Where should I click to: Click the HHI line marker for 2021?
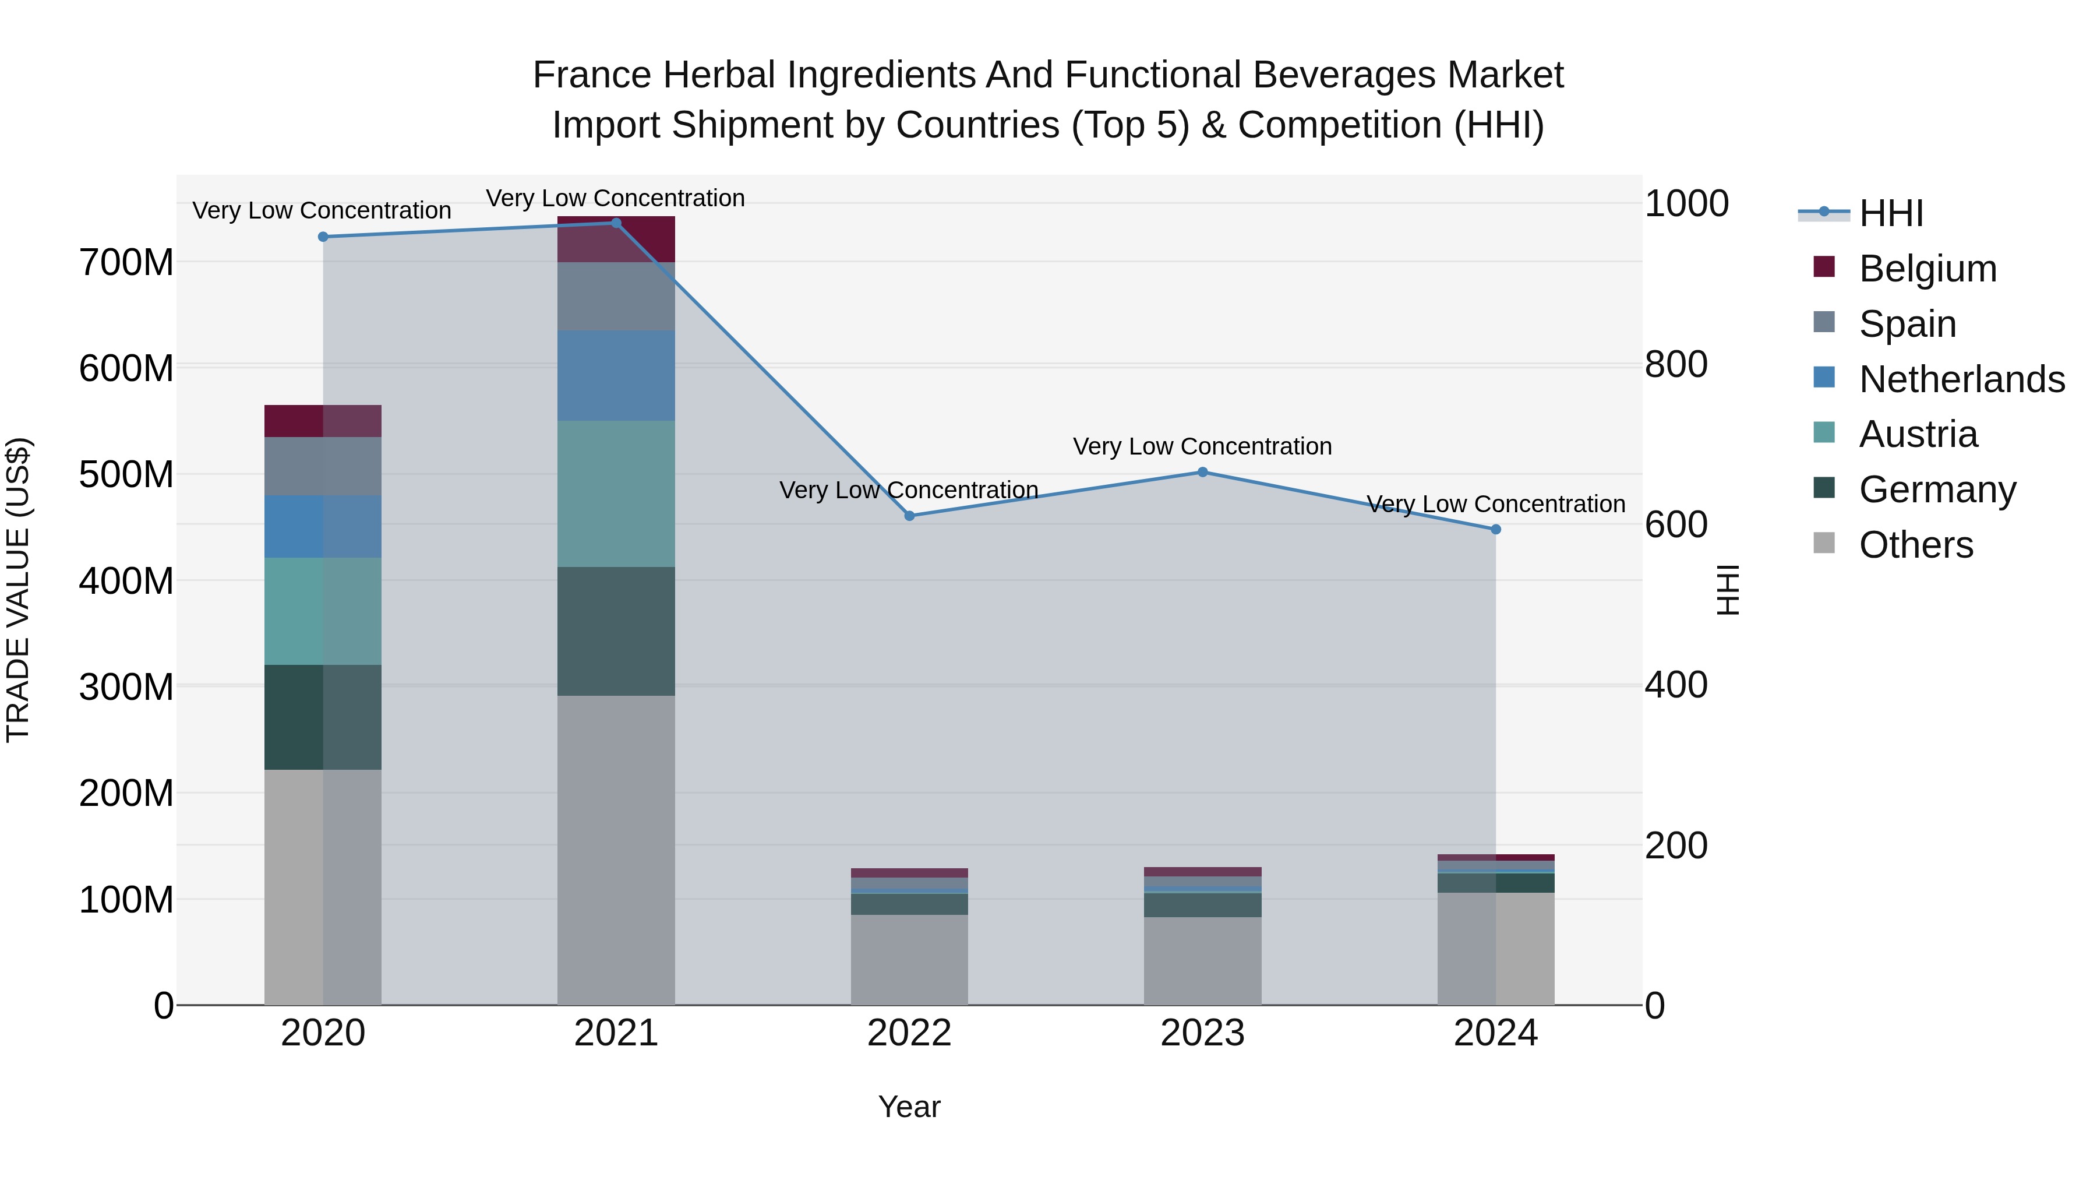616,223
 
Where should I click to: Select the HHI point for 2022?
909,516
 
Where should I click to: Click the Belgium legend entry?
1927,269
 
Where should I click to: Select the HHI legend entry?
1890,213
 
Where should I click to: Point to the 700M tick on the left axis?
126,263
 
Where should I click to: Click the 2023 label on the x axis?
1202,1033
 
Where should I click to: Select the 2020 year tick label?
323,1033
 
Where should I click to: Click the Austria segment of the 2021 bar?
616,494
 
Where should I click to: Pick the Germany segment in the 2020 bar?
323,717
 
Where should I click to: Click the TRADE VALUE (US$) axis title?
18,590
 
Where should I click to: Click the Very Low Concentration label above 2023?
1202,446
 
